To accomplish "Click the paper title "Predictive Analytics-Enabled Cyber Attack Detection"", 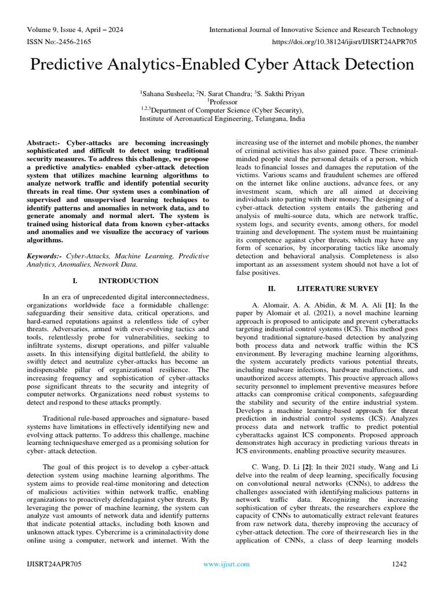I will point(222,64).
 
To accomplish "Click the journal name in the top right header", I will point(313,30).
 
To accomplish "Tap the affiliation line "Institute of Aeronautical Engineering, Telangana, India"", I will point(222,118).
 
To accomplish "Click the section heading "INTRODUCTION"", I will point(128,281).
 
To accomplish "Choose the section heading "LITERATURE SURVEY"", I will point(337,288).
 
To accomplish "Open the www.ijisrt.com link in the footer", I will point(227,564).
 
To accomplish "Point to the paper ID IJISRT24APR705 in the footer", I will point(53,564).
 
